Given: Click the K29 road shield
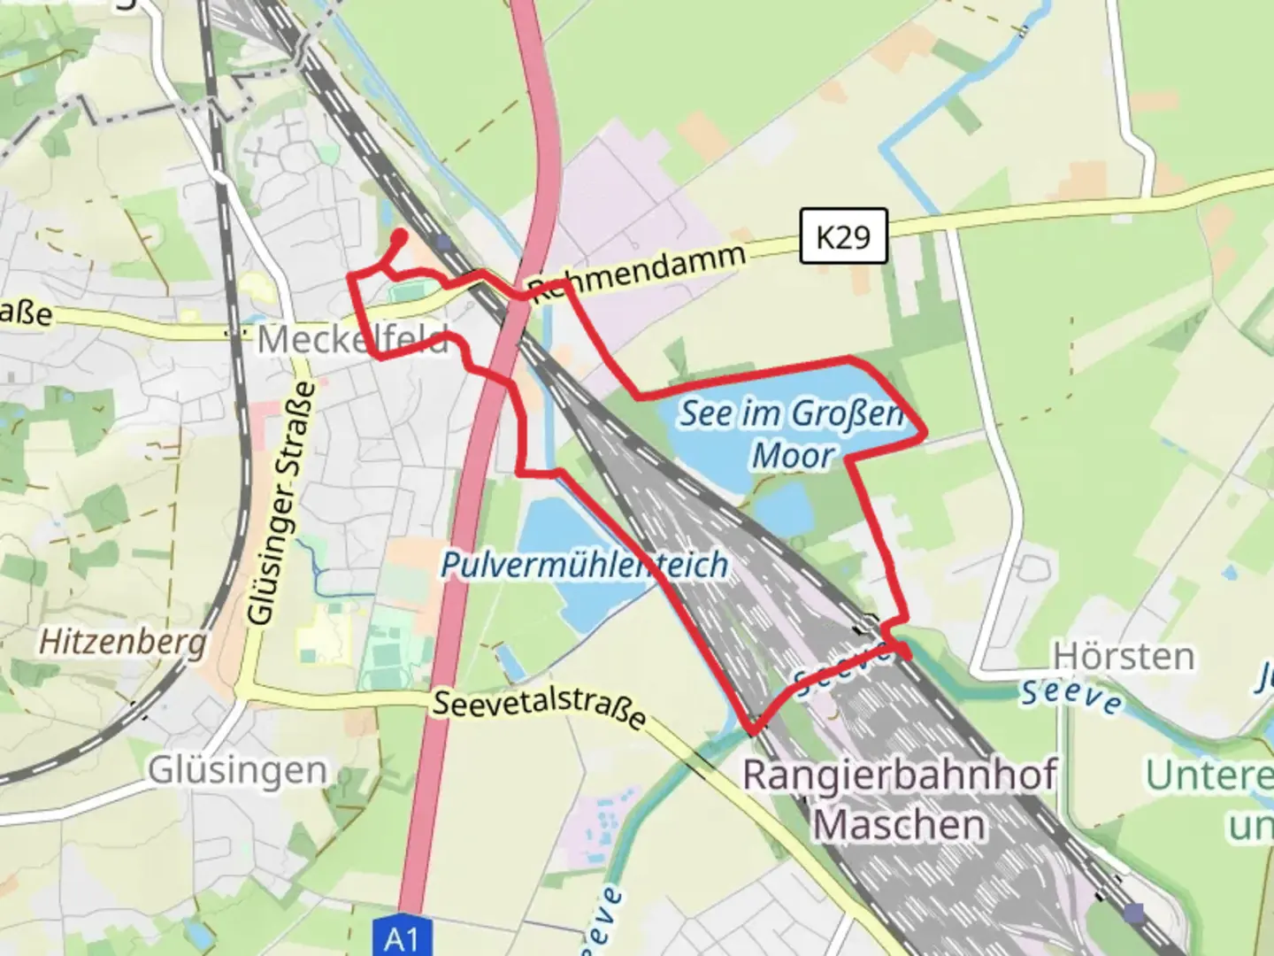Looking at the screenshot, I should (x=842, y=236).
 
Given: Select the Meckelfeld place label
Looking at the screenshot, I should (x=352, y=340).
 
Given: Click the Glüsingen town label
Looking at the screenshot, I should (x=237, y=770).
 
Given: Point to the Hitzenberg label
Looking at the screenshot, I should (x=123, y=642).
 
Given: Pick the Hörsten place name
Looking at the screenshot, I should (x=1122, y=657).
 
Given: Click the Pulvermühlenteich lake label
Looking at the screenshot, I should (x=585, y=564).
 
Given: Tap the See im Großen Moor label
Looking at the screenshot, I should (x=792, y=434).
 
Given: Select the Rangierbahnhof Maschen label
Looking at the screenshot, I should (x=899, y=798).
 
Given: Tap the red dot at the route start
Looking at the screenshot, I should (x=399, y=236).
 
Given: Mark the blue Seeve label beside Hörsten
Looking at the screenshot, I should (x=1071, y=695).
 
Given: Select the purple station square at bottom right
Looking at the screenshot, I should (x=1133, y=911).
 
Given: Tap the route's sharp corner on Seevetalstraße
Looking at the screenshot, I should (x=754, y=731).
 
